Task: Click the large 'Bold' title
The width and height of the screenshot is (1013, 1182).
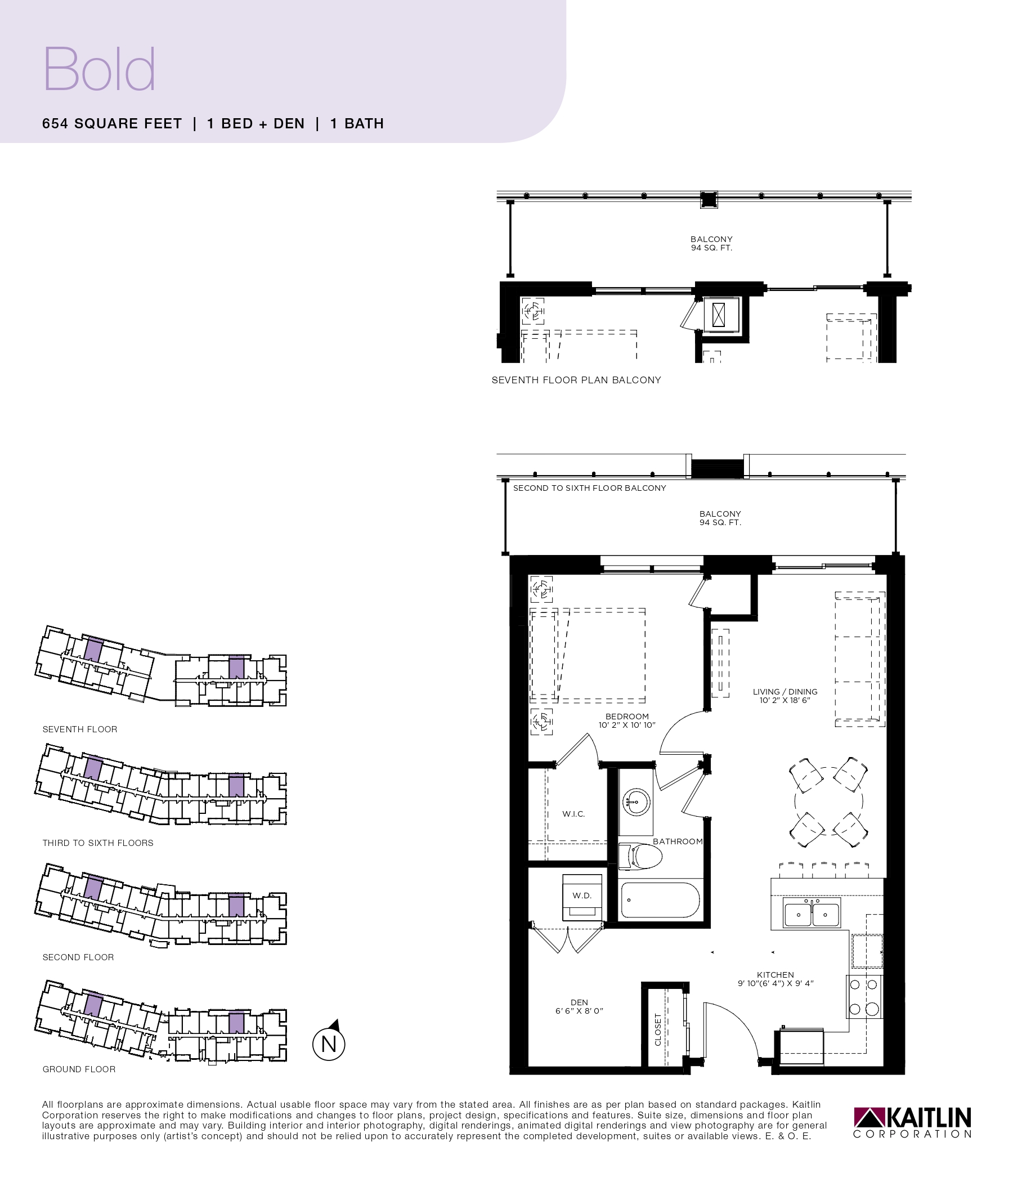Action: pyautogui.click(x=99, y=69)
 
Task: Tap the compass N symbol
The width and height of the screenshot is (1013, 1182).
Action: pyautogui.click(x=329, y=1042)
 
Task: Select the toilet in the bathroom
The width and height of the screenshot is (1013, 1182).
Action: pyautogui.click(x=640, y=856)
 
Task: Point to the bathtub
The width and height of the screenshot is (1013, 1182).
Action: pyautogui.click(x=659, y=901)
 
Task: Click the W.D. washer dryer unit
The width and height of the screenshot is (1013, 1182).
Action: pyautogui.click(x=582, y=897)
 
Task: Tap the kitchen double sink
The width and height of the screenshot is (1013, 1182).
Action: pyautogui.click(x=811, y=913)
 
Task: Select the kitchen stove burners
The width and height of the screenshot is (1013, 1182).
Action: pyautogui.click(x=863, y=996)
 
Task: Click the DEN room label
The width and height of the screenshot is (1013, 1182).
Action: pyautogui.click(x=579, y=1002)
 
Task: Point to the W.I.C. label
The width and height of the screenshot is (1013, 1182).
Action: pyautogui.click(x=573, y=814)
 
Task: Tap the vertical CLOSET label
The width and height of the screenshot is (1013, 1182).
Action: pyautogui.click(x=658, y=1029)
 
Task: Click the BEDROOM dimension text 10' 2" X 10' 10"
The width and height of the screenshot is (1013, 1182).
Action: pyautogui.click(x=627, y=725)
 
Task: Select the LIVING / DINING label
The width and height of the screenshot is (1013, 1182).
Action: pyautogui.click(x=785, y=692)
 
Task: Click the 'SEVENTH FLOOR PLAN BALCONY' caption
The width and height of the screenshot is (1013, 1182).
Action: pyautogui.click(x=576, y=380)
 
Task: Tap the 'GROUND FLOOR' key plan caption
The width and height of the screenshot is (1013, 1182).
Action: pyautogui.click(x=79, y=1069)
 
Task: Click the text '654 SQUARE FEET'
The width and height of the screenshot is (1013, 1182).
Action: pyautogui.click(x=112, y=124)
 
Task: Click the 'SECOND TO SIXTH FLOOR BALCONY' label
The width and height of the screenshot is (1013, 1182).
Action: pyautogui.click(x=589, y=489)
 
